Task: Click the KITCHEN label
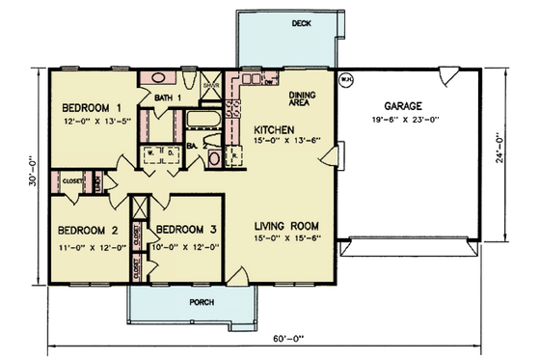274,128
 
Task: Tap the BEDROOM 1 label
92,107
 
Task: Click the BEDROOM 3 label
186,230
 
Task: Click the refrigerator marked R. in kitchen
236,154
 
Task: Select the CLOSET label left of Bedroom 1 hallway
72,180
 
